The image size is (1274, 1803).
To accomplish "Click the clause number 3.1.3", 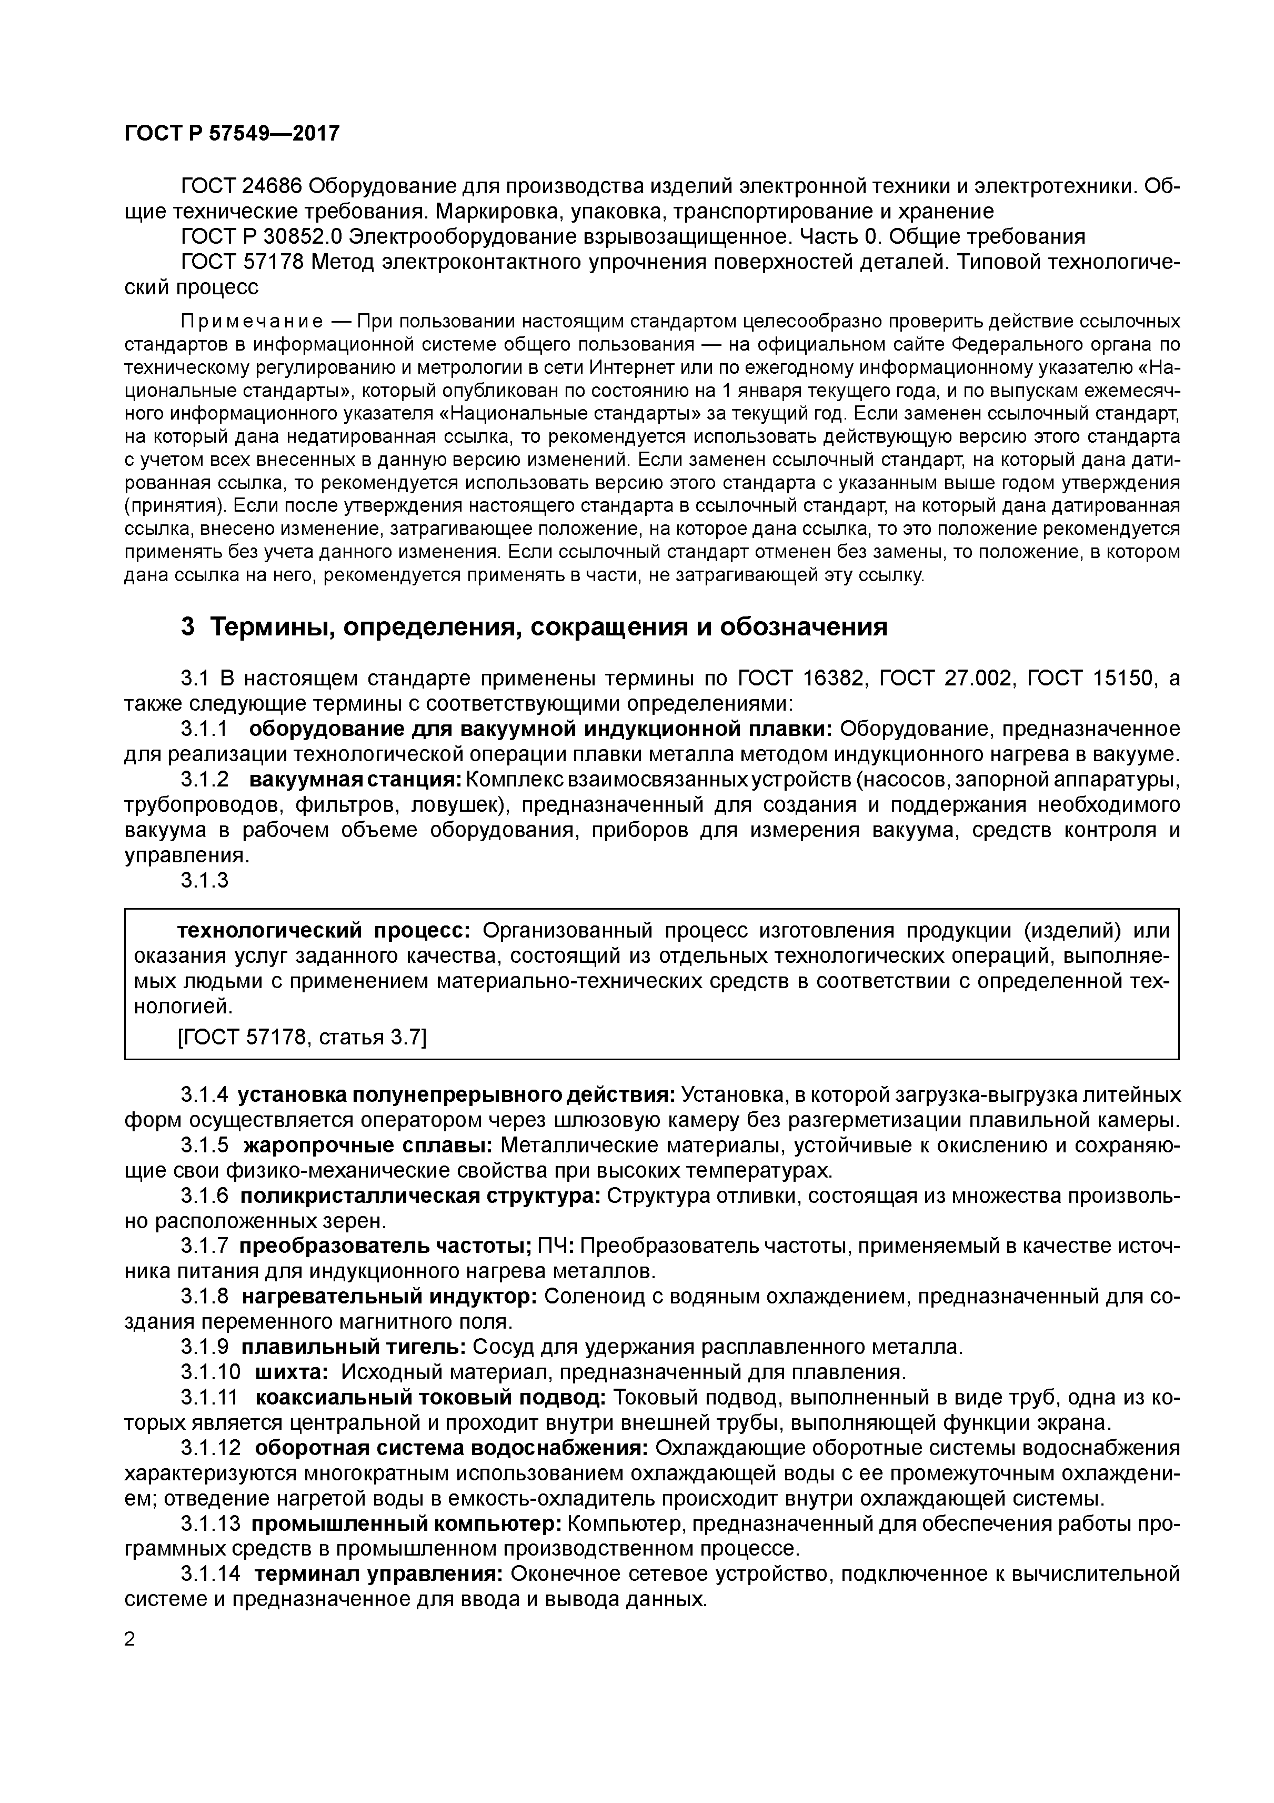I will point(204,880).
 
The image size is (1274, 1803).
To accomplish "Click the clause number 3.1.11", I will point(209,1397).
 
